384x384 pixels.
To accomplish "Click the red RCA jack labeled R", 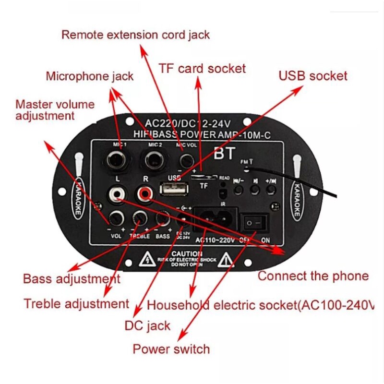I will [x=143, y=194].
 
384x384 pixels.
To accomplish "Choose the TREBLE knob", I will [x=140, y=219].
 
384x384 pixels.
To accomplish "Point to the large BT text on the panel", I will [x=225, y=154].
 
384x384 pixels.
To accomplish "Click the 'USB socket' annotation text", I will [x=313, y=76].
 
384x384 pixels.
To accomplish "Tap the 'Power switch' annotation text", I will [x=171, y=348].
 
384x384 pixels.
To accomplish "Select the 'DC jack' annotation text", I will [x=147, y=326].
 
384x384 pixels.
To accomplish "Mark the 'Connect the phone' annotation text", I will [x=313, y=276].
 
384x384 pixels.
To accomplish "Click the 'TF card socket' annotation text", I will [x=202, y=68].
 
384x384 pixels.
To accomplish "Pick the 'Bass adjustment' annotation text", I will [x=72, y=278].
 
